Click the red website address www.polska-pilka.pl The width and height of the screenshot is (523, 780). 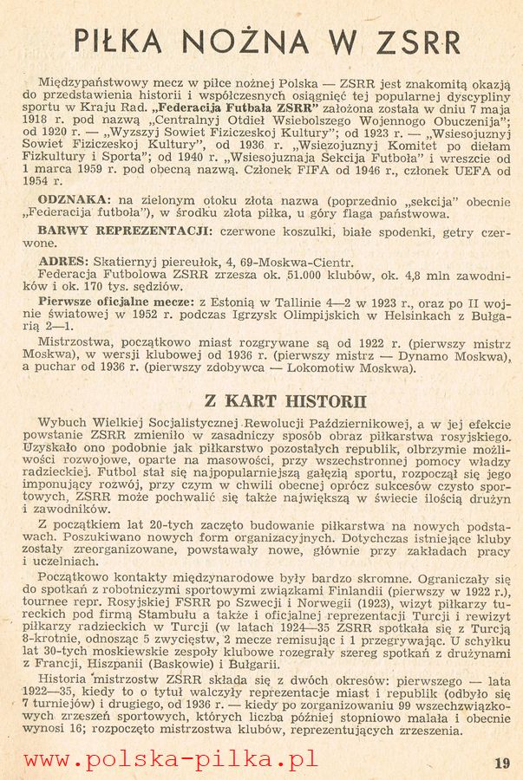[170, 759]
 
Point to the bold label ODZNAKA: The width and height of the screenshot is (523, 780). [73, 199]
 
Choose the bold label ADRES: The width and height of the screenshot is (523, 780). [62, 261]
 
